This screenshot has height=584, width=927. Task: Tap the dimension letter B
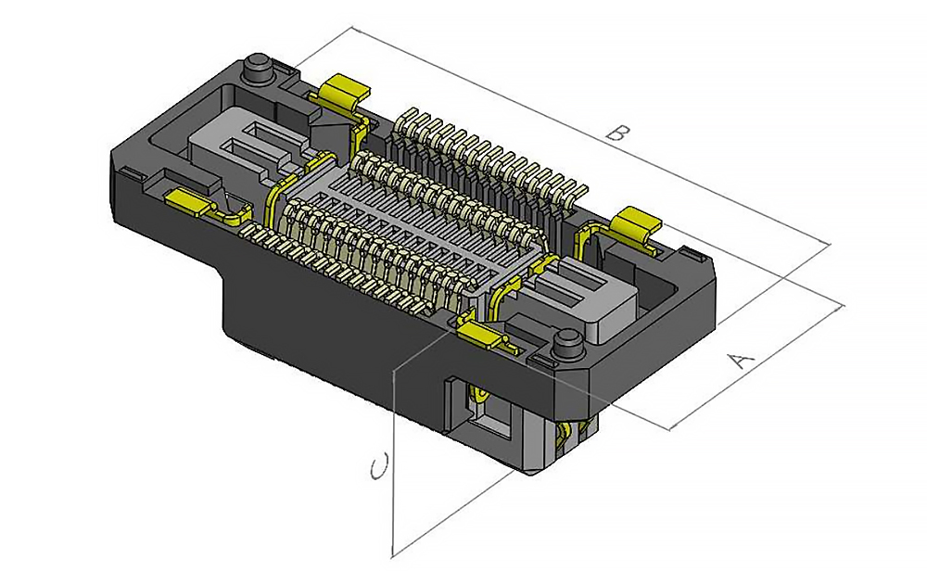(613, 132)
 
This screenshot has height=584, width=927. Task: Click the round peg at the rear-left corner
(258, 70)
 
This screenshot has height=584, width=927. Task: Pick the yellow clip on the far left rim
(189, 201)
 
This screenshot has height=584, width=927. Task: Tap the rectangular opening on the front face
(486, 408)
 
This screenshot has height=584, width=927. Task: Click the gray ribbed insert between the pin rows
(408, 232)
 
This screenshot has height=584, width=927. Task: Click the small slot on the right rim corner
(690, 251)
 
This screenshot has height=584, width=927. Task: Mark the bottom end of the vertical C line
(393, 556)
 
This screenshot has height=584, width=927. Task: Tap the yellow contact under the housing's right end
(567, 433)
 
